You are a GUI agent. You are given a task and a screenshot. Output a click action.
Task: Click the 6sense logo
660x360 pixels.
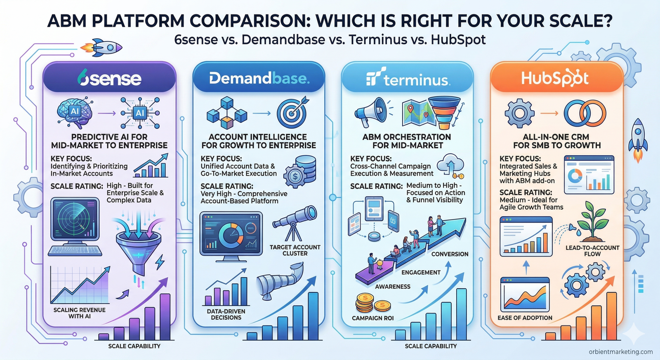click(109, 78)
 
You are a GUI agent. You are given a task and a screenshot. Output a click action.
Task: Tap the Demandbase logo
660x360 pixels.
click(259, 78)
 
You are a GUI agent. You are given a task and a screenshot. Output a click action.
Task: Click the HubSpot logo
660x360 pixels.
click(555, 78)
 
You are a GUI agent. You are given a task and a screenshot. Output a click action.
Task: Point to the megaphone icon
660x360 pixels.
click(371, 111)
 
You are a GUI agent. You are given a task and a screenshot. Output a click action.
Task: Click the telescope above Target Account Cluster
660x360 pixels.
click(295, 223)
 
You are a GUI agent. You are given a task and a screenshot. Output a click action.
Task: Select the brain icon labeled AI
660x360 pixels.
click(75, 111)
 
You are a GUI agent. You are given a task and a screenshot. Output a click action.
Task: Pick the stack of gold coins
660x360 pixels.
click(372, 304)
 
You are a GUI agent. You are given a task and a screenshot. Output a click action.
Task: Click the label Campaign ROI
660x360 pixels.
click(372, 318)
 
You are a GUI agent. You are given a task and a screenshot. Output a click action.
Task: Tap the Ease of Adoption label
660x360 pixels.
click(525, 318)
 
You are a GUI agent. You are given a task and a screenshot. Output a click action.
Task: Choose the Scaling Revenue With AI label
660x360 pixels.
click(79, 313)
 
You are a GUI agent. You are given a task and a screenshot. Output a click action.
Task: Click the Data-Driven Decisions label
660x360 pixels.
click(226, 314)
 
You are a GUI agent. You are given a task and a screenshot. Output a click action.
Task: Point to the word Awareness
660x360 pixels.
click(393, 287)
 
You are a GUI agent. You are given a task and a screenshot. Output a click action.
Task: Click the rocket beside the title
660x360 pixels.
click(102, 48)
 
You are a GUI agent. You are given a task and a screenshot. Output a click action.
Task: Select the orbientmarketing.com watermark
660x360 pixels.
click(621, 352)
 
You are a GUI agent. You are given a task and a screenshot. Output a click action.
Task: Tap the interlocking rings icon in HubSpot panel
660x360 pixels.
click(585, 113)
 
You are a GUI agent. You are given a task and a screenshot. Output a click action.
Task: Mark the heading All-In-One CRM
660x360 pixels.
click(556, 137)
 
